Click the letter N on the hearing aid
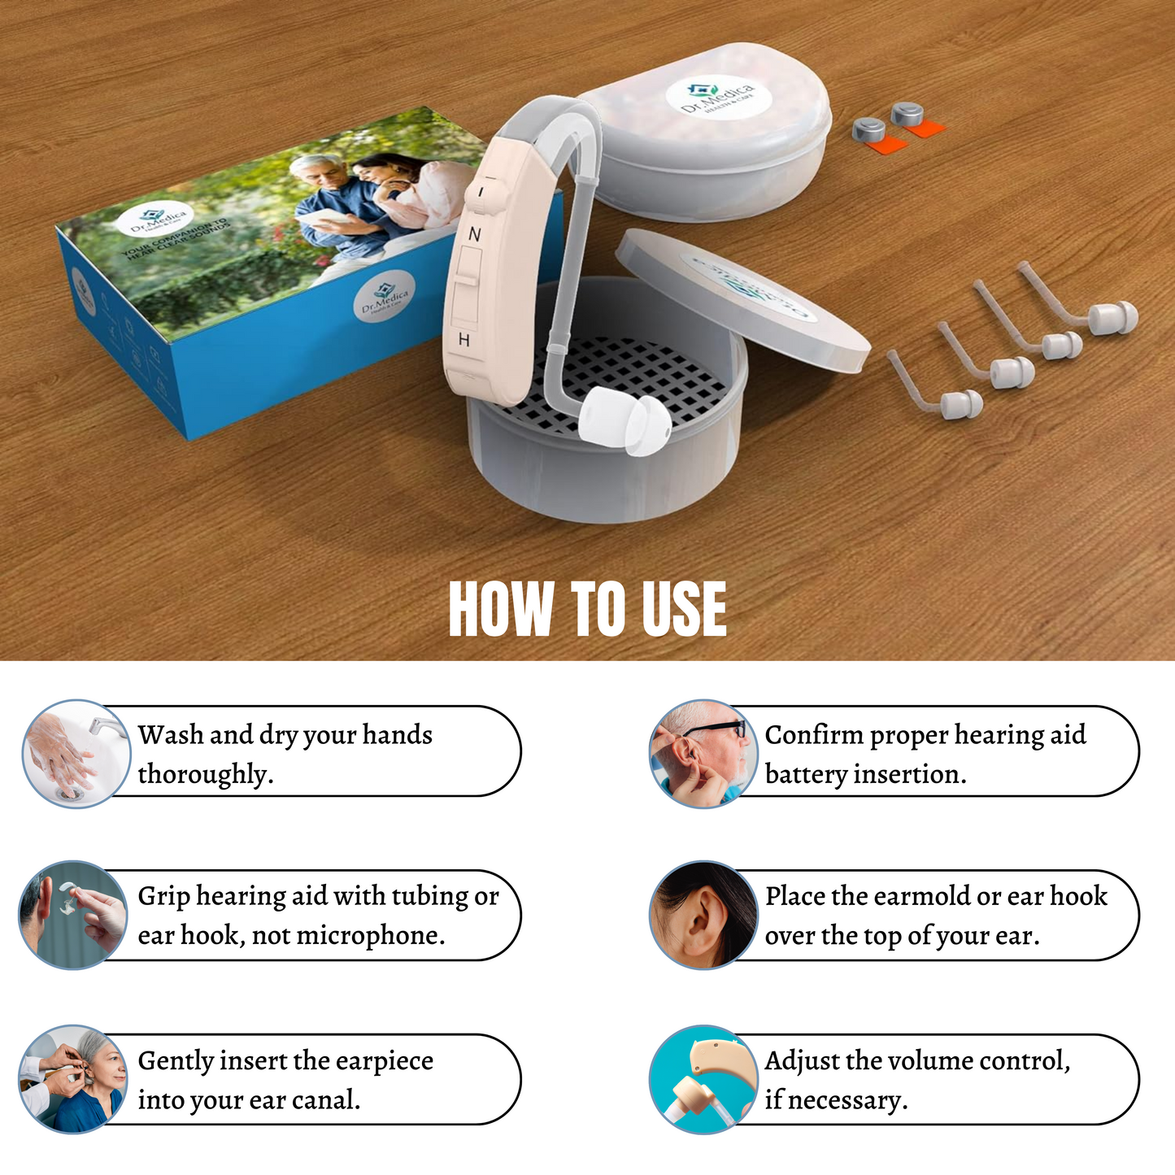[x=475, y=234]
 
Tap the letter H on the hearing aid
[x=463, y=340]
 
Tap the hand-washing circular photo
[x=75, y=753]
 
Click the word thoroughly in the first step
[x=203, y=774]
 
